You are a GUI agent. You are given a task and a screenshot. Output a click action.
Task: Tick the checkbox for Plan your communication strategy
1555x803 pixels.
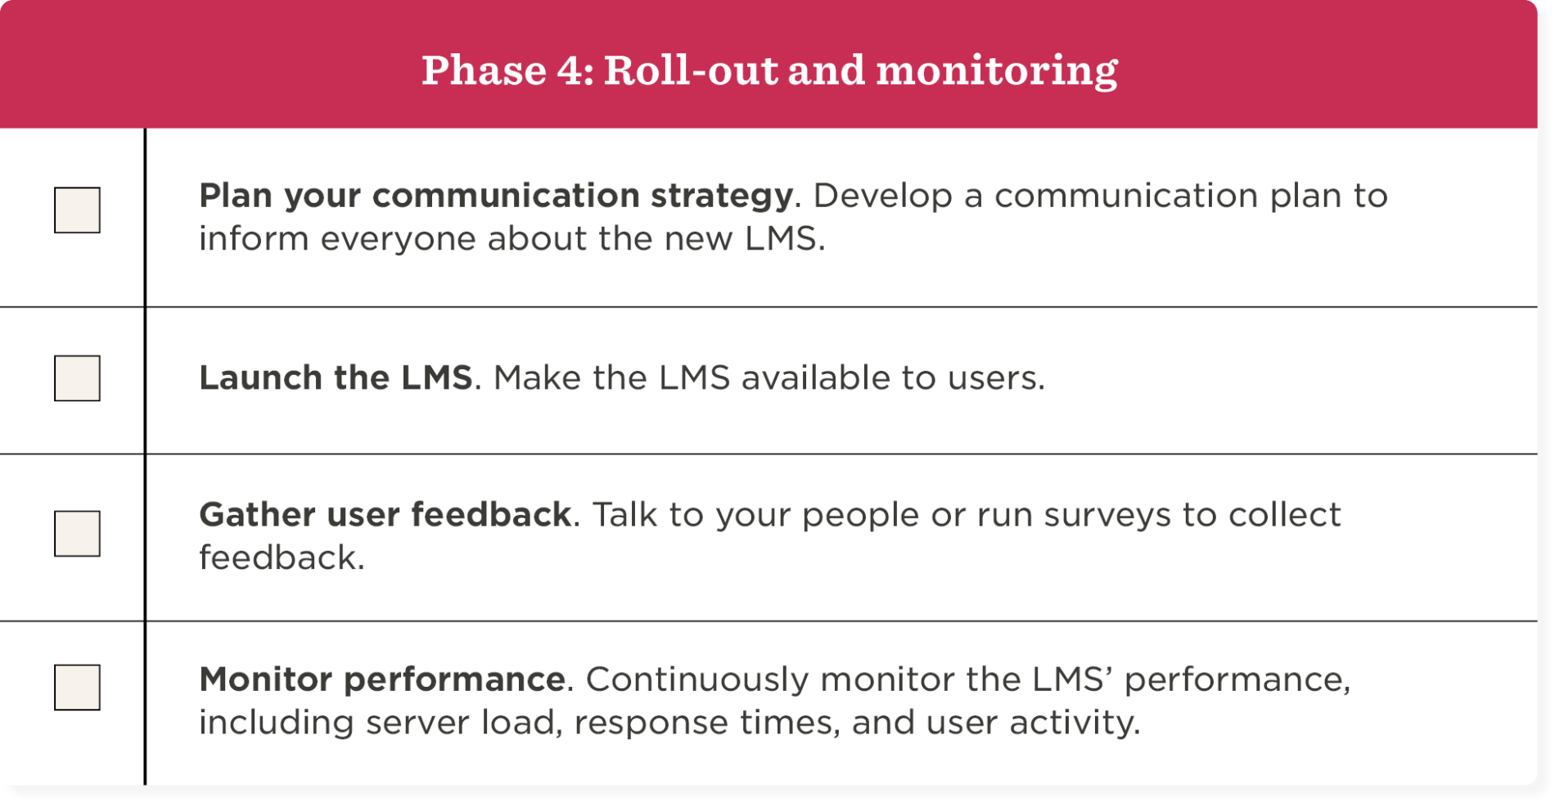pos(77,210)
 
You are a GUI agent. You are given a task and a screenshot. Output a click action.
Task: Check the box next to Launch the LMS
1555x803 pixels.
pos(77,378)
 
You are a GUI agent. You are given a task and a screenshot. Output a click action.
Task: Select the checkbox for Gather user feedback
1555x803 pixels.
pos(77,534)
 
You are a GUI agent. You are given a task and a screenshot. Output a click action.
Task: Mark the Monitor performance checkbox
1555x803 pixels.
pos(77,688)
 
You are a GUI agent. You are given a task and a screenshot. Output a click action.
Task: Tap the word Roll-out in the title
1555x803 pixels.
pos(691,70)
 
